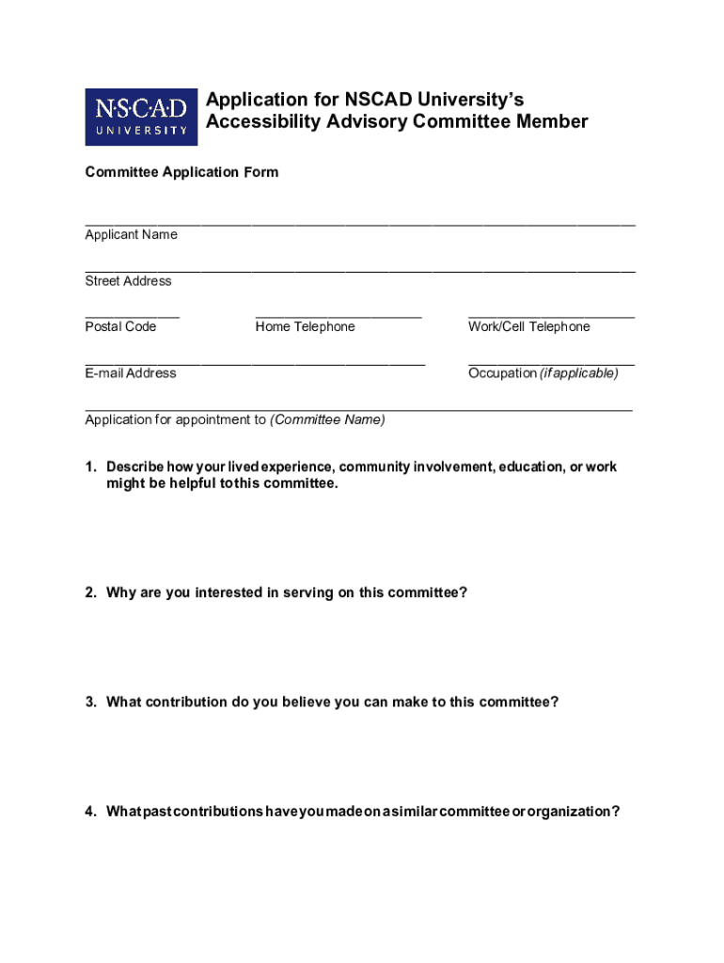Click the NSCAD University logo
141,117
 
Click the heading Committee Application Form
181,172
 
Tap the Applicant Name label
131,234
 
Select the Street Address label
128,280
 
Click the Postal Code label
120,326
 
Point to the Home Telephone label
305,326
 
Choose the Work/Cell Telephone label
528,326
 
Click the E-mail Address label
130,372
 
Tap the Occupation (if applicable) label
543,372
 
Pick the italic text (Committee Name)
327,419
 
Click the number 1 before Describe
89,466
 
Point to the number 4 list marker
89,812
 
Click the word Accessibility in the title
259,121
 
